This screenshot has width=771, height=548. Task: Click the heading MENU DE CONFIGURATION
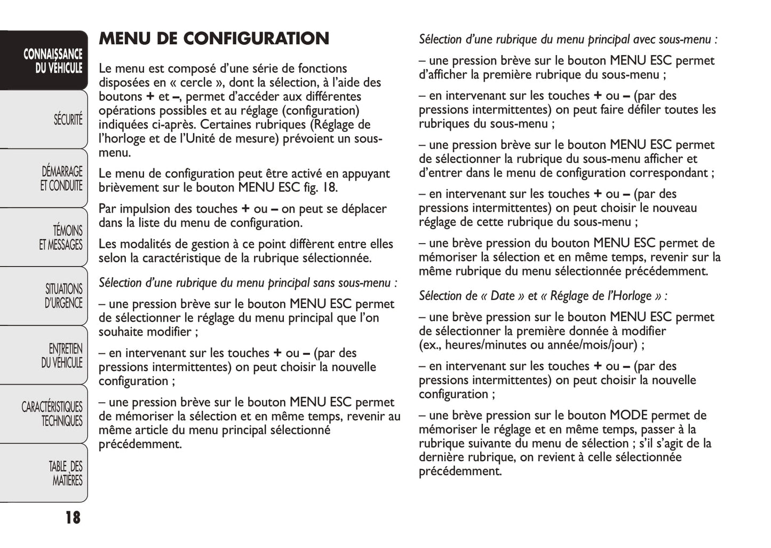pos(214,38)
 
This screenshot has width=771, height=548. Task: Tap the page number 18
pos(73,517)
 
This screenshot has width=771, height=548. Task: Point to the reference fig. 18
pos(321,187)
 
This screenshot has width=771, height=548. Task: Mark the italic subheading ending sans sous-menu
pos(248,283)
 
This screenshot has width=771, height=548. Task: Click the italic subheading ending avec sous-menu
pos(568,40)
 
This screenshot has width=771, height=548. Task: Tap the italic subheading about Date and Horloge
pos(543,296)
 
